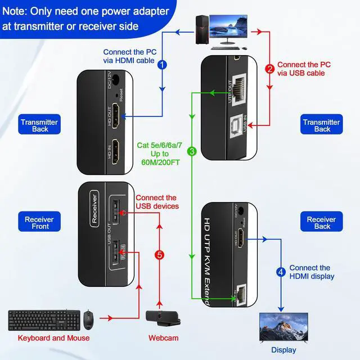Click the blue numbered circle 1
(x=163, y=65)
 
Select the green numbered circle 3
(x=192, y=151)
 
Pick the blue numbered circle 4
(x=281, y=272)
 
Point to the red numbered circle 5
(x=160, y=255)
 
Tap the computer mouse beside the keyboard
(x=88, y=319)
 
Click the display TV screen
(x=283, y=327)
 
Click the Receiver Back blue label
(x=321, y=223)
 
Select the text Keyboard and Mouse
(x=53, y=338)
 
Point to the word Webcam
(x=164, y=338)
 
